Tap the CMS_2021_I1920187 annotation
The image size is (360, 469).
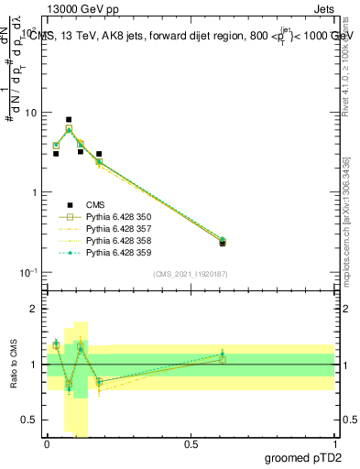(191, 274)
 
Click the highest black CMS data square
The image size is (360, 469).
(69, 120)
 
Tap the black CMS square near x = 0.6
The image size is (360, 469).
(223, 243)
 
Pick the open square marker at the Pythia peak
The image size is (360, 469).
(69, 129)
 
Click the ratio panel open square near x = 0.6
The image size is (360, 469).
(223, 359)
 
